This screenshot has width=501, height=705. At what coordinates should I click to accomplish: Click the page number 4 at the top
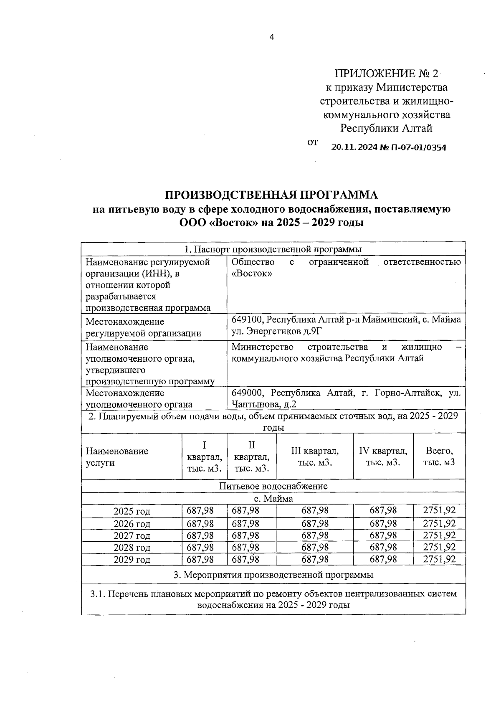coord(271,37)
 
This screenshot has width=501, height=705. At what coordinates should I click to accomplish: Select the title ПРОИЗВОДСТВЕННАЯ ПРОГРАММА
coord(271,195)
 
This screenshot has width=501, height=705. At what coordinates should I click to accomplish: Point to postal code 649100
coord(248,320)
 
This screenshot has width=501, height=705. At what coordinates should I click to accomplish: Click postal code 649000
coord(248,393)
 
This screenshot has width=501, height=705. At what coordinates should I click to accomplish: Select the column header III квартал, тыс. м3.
coord(315,456)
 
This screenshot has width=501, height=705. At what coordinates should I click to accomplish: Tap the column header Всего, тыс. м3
coord(439,456)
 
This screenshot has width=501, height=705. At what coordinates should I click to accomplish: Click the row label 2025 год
coord(132,511)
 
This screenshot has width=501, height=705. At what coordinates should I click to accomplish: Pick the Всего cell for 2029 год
coord(439,559)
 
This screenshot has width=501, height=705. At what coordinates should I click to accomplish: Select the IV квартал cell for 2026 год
coord(383,523)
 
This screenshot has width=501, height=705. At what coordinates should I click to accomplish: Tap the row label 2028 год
coord(132,548)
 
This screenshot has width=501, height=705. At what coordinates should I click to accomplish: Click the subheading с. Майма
coord(273,499)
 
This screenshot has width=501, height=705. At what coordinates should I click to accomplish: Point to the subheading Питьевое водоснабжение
coord(273,486)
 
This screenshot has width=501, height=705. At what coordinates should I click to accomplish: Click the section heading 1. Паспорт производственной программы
coord(273,249)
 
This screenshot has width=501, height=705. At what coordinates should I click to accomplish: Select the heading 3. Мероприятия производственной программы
coord(273,575)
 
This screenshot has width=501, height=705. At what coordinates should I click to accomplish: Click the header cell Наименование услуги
coord(117,456)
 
